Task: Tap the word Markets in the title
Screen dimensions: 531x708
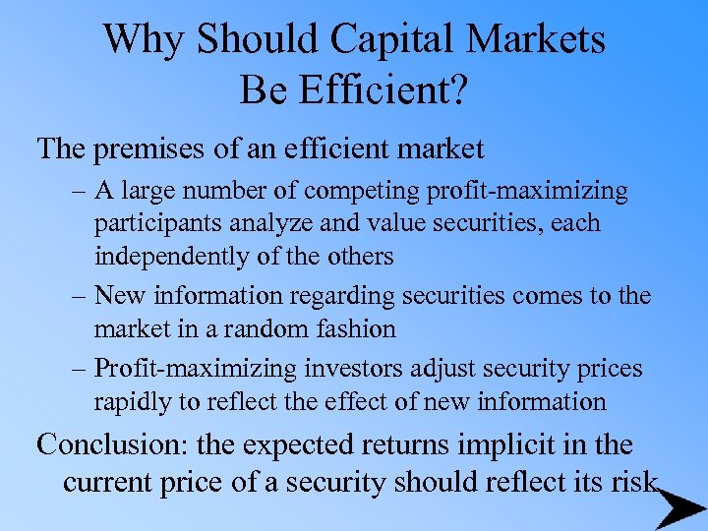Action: pos(537,39)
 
